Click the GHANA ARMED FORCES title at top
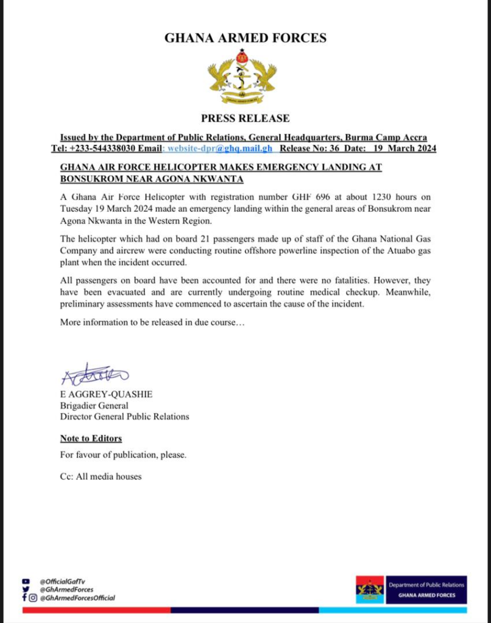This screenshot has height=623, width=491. pos(245,38)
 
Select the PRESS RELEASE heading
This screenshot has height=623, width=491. pos(245,118)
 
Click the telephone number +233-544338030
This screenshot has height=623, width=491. pos(105,148)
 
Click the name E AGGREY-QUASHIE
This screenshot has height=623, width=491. pos(106,394)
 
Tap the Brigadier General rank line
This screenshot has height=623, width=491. pos(94,405)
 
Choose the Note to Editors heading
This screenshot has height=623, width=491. pos(91,438)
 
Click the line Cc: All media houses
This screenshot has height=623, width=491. pos(101,476)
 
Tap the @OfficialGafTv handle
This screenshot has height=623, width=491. pos(62,581)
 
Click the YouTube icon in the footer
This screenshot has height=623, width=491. pos(25,581)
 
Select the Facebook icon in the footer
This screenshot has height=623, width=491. pos(24,597)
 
